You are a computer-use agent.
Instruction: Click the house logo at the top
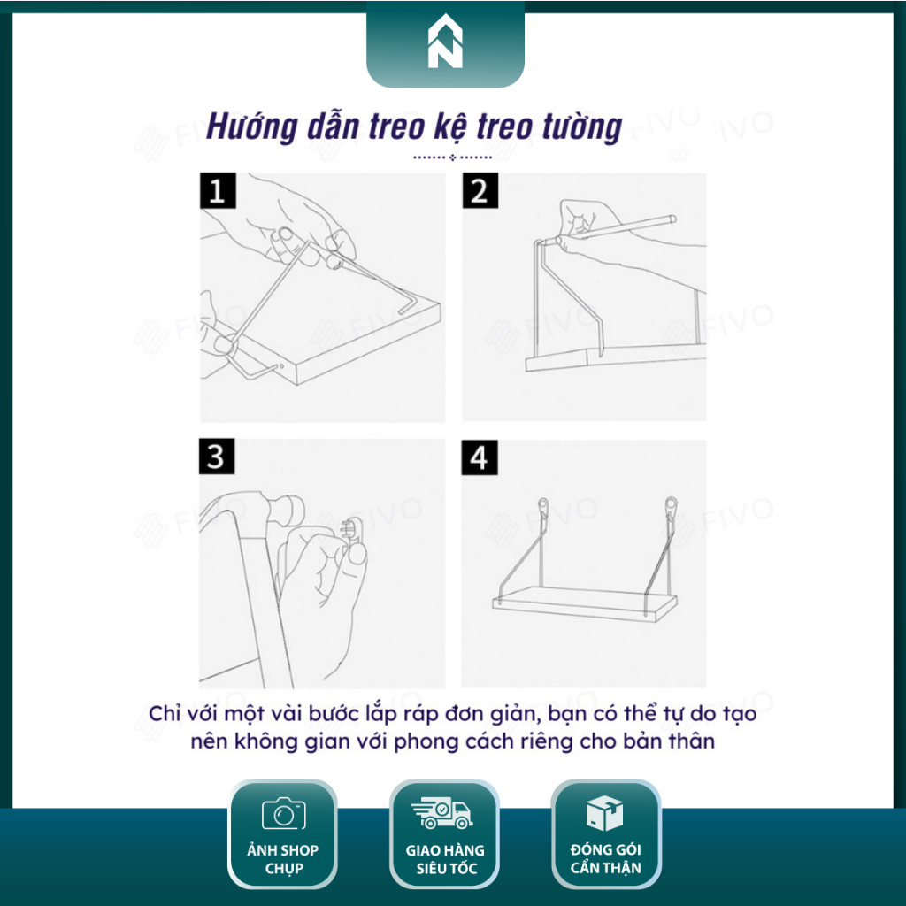tap(445, 44)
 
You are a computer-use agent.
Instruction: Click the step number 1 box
tap(217, 191)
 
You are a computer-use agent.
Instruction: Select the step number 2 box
tap(480, 191)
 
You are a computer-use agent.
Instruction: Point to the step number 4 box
tap(480, 457)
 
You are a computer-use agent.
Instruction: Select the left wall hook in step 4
tap(541, 509)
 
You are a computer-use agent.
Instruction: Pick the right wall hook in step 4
tap(672, 509)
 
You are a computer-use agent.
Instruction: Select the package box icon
tap(605, 812)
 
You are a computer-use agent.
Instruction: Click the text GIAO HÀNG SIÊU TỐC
tap(445, 859)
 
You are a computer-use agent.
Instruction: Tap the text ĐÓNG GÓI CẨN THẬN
tap(605, 859)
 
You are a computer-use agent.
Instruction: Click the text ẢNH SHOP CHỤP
tap(283, 859)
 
